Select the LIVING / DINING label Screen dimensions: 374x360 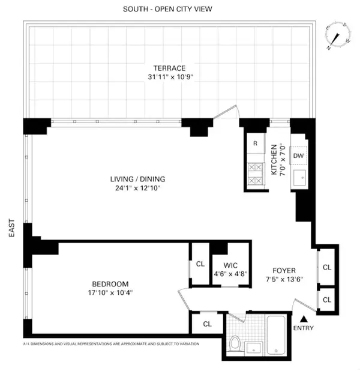tap(137, 179)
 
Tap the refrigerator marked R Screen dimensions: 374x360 tap(255, 143)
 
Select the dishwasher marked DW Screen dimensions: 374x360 tap(298, 155)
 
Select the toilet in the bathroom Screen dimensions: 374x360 tap(236, 344)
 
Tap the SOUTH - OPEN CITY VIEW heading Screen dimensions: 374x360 tap(167, 9)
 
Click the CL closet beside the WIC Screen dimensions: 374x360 tap(200, 263)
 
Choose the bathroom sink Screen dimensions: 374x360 tap(255, 347)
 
